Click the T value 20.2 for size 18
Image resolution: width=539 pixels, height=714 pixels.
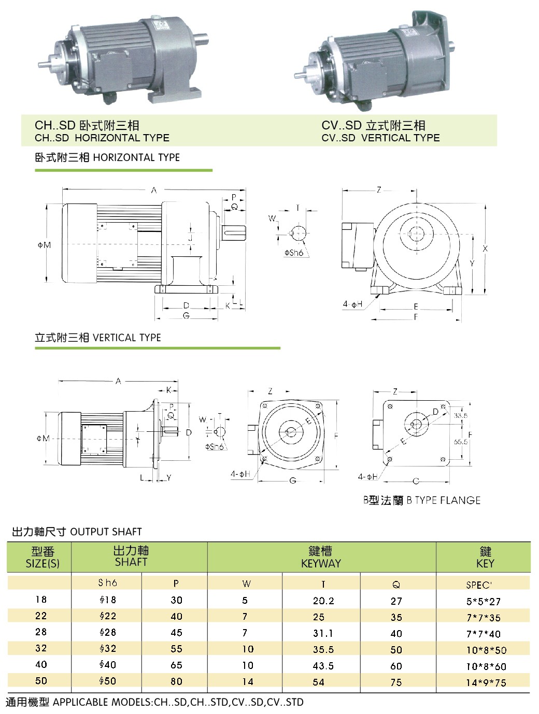pyautogui.click(x=323, y=601)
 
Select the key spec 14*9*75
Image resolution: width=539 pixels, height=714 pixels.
pyautogui.click(x=486, y=682)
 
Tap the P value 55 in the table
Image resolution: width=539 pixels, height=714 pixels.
pyautogui.click(x=176, y=649)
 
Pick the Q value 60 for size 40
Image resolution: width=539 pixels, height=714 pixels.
pyautogui.click(x=396, y=666)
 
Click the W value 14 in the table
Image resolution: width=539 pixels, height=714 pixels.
pyautogui.click(x=248, y=682)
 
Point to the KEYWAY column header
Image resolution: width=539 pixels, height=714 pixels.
pyautogui.click(x=321, y=557)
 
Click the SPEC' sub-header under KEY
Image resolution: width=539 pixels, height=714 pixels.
pyautogui.click(x=479, y=585)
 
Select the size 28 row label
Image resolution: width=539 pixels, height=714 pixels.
pyautogui.click(x=41, y=632)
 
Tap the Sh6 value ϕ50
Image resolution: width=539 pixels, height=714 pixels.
pyautogui.click(x=108, y=681)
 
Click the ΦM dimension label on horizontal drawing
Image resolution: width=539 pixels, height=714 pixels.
pyautogui.click(x=44, y=245)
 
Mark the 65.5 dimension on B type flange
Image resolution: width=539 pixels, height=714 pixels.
pyautogui.click(x=461, y=442)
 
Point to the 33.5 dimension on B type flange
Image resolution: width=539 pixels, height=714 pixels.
pyautogui.click(x=461, y=416)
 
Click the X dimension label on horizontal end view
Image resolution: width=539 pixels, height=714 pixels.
pyautogui.click(x=485, y=249)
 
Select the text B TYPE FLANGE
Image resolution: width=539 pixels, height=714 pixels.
pyautogui.click(x=443, y=500)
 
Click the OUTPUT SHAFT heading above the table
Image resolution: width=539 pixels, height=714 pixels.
pyautogui.click(x=106, y=532)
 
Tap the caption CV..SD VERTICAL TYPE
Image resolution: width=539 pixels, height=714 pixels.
pyautogui.click(x=380, y=138)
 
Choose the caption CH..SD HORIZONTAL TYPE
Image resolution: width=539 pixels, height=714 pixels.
pyautogui.click(x=102, y=138)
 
